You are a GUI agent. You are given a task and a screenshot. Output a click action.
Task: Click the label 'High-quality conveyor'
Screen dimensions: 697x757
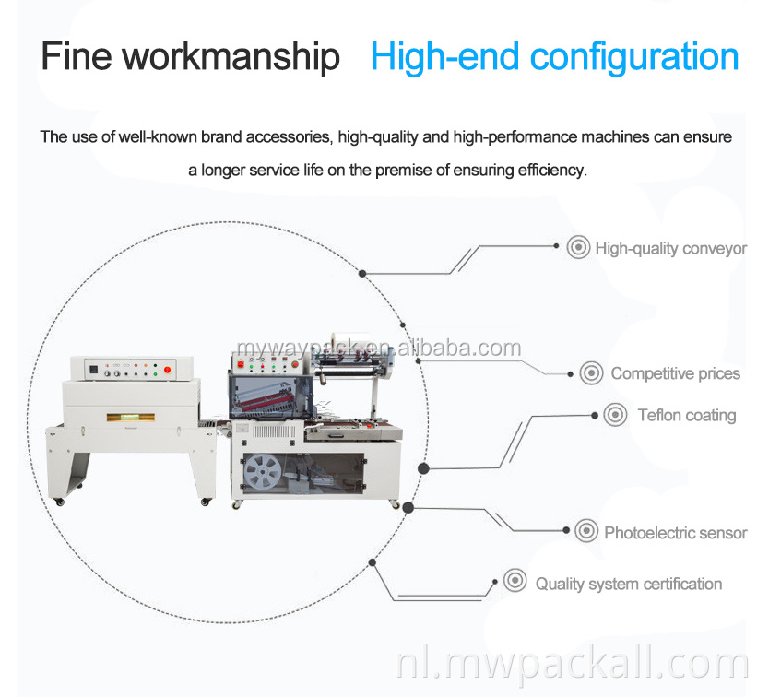pos(670,248)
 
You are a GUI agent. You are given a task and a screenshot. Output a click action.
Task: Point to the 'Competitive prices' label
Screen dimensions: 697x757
pos(675,373)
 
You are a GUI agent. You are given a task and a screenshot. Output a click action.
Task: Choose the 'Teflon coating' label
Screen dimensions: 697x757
pos(686,415)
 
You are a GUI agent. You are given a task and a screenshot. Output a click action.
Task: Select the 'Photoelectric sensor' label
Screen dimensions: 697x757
pos(675,532)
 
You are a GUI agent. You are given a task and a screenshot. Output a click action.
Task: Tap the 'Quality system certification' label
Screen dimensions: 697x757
pos(628,584)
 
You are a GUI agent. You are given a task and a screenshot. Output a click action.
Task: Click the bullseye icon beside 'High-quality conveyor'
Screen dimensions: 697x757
pos(578,247)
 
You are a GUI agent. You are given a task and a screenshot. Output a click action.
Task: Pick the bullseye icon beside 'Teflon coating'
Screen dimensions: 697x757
pos(615,414)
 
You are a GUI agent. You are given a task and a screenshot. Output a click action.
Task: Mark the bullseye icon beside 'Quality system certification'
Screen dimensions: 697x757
pos(515,582)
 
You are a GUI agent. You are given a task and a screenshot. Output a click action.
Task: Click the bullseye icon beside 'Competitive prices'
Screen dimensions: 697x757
pos(591,373)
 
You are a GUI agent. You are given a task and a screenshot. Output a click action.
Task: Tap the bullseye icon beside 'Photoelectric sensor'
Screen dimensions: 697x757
pos(585,531)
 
